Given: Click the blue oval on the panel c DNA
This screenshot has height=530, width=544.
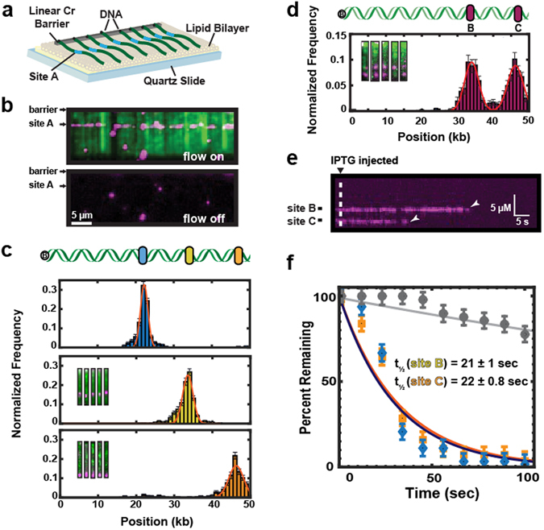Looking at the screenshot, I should point(142,255).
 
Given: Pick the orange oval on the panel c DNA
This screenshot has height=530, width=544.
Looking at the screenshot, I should point(238,255).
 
